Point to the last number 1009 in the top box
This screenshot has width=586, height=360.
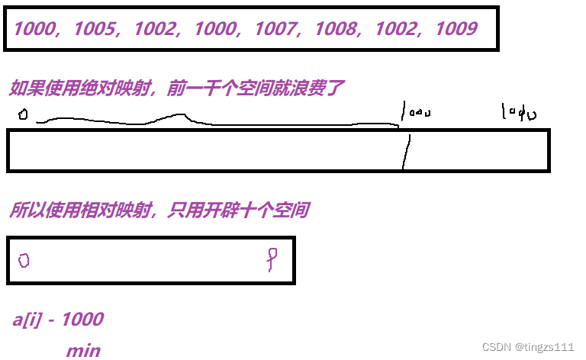[x=456, y=30]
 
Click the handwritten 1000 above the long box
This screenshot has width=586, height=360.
[x=416, y=113]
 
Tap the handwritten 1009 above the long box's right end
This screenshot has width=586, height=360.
[x=519, y=113]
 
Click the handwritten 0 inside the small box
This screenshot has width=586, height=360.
[x=24, y=260]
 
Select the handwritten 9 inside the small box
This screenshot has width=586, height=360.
[x=271, y=259]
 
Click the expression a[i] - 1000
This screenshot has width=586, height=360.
[x=58, y=319]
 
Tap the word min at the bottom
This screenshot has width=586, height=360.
[x=83, y=350]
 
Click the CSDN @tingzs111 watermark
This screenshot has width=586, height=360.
[x=527, y=346]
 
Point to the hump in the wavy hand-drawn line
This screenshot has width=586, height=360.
[x=180, y=117]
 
